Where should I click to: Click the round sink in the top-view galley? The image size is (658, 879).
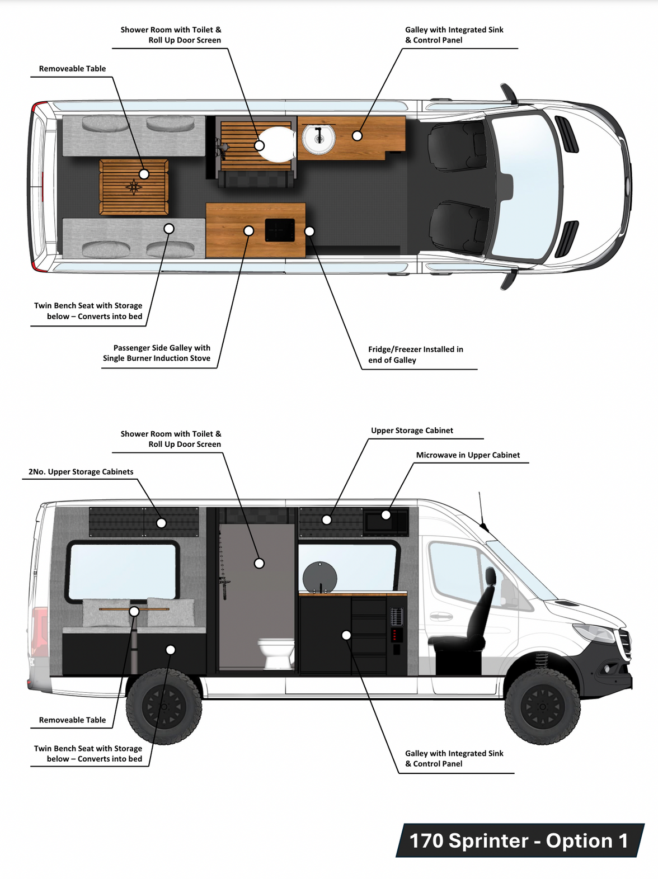pos(318,138)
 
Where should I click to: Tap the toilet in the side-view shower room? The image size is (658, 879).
pos(276,653)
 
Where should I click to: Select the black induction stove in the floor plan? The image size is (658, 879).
pos(280,230)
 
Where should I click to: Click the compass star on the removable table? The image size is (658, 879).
pos(133,187)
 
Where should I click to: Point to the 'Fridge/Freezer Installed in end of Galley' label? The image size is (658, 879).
pos(415,355)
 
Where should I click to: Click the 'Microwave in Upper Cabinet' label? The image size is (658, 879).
pos(468,455)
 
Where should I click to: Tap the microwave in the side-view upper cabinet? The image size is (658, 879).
pos(386,521)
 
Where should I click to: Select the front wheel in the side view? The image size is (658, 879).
pos(542,706)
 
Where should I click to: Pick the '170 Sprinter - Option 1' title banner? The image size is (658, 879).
pos(519,840)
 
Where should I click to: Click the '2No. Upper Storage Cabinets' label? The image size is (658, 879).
pos(81,472)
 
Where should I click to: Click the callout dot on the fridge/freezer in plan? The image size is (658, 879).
pos(309,231)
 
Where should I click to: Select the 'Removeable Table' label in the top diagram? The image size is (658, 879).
pos(72,69)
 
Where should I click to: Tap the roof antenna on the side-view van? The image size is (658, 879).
pos(481,512)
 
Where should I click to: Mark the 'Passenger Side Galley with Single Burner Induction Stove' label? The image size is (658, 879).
pos(157,353)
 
